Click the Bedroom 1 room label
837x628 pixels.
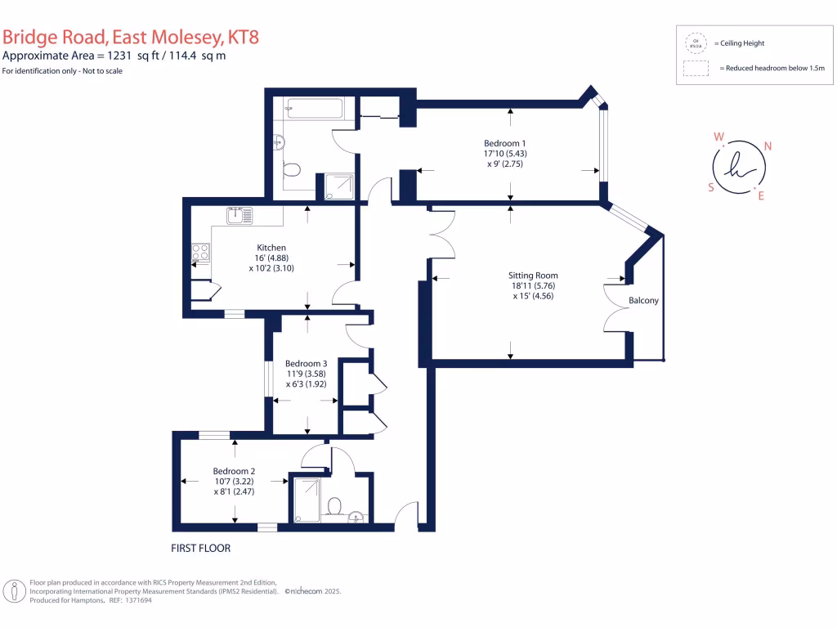click(x=504, y=143)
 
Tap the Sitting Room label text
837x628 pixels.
click(x=534, y=276)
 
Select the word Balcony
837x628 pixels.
click(x=643, y=301)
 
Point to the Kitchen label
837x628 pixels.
click(x=271, y=248)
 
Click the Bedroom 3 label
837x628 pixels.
click(x=306, y=364)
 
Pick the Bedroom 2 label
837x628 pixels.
click(x=235, y=471)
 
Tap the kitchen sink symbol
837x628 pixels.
click(x=240, y=215)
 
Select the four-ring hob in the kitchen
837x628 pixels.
click(x=200, y=253)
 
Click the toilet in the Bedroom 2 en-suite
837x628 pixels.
click(x=333, y=506)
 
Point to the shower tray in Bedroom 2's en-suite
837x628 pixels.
click(x=307, y=499)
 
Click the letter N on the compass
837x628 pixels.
click(x=768, y=147)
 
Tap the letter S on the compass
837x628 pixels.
click(x=711, y=186)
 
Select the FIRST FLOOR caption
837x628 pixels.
click(x=200, y=548)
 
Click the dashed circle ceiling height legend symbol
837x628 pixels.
click(x=696, y=43)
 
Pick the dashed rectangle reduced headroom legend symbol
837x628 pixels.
click(x=696, y=69)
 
